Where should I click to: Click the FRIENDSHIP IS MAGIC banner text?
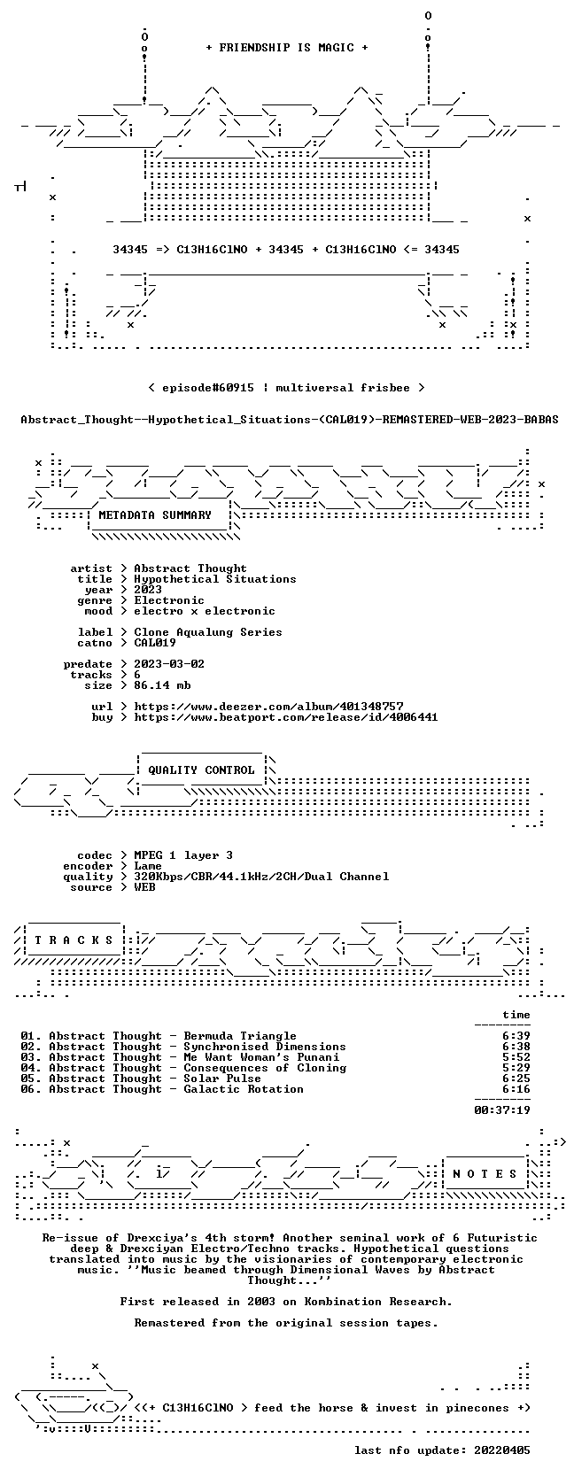(286, 48)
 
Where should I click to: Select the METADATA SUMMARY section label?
(155, 515)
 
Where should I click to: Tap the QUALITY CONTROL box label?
(201, 770)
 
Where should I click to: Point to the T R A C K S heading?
(74, 940)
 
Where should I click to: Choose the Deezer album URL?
(268, 707)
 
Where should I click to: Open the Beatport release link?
(286, 716)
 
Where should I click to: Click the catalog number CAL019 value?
(155, 643)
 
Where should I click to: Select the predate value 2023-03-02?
(169, 664)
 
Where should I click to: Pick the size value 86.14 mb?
(162, 685)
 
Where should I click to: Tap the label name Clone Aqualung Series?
(208, 632)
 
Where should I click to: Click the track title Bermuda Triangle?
(240, 1036)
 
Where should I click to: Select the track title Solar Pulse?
(222, 1078)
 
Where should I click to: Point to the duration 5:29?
(516, 1068)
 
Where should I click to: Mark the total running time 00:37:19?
(502, 1110)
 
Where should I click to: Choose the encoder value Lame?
(148, 866)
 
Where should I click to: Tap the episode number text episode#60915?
(208, 388)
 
